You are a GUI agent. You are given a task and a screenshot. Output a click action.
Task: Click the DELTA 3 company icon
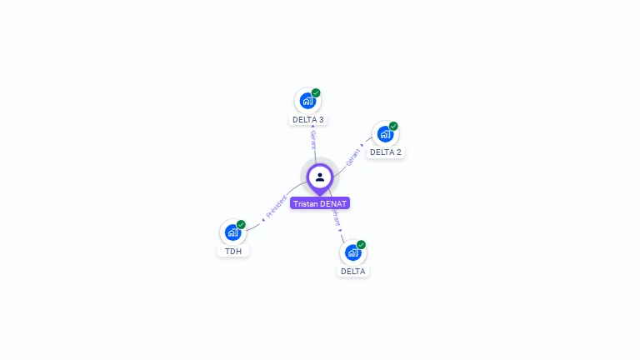(x=307, y=101)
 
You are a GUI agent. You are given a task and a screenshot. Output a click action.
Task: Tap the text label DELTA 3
(x=308, y=120)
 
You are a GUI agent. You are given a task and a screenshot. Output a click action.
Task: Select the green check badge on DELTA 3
(x=316, y=92)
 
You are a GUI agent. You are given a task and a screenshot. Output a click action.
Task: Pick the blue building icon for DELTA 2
(x=385, y=133)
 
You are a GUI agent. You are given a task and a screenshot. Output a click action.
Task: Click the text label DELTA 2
(x=386, y=152)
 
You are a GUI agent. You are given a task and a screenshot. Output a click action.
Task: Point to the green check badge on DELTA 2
(x=393, y=126)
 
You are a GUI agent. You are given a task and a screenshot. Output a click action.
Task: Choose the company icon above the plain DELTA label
(x=352, y=252)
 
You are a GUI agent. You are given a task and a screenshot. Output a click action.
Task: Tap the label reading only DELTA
(x=352, y=272)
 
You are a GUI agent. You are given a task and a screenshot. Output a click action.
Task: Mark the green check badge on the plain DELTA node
(x=361, y=244)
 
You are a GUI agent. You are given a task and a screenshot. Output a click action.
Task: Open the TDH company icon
(x=232, y=232)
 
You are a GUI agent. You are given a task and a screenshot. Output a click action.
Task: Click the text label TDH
(x=233, y=251)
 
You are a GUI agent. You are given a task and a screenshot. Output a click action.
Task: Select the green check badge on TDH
(x=241, y=224)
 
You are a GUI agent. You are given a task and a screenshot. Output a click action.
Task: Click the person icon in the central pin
(x=320, y=177)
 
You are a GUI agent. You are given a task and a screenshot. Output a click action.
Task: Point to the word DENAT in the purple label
(x=333, y=203)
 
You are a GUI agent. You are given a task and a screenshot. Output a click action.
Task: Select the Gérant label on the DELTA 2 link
(x=353, y=155)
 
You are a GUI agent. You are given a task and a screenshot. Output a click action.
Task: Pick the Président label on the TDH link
(x=276, y=206)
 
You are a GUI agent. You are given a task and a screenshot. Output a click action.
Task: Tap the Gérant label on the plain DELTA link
(x=336, y=219)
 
